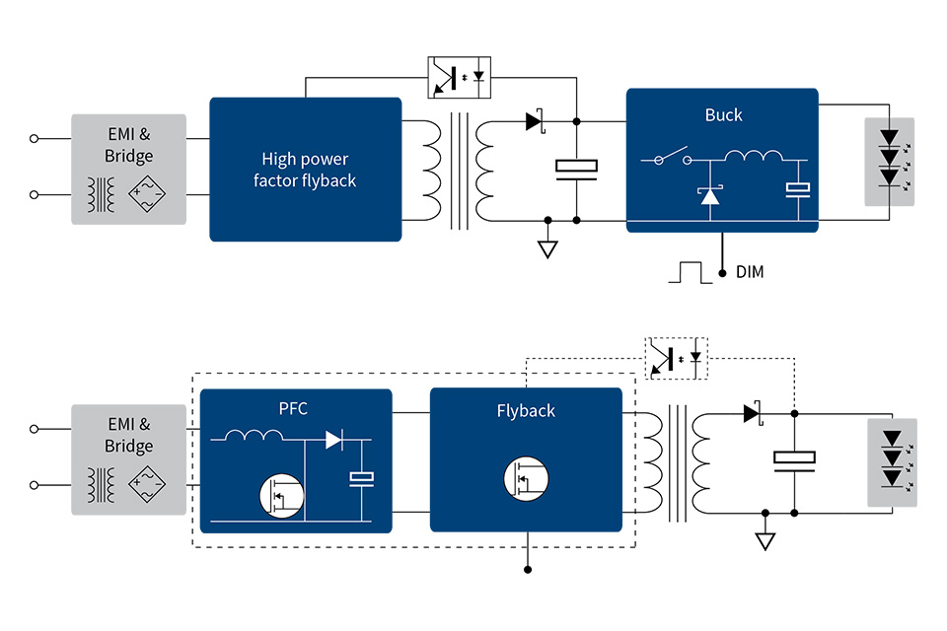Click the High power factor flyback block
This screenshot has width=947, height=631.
click(x=305, y=170)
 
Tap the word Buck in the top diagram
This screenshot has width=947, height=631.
click(x=723, y=114)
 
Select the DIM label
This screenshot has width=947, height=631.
click(x=750, y=272)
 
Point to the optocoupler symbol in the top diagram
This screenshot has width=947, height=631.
click(x=459, y=77)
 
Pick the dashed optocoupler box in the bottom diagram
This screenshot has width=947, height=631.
click(x=677, y=357)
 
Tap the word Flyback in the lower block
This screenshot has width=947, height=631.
click(x=526, y=410)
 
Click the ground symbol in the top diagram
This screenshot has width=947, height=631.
click(x=546, y=248)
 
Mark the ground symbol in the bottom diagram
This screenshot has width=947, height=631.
click(x=765, y=540)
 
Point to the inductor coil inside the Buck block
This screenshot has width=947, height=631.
click(x=755, y=156)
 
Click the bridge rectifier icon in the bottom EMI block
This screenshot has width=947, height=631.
click(x=151, y=484)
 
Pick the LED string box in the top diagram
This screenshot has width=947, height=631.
click(x=889, y=162)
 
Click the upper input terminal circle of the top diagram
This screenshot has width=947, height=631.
click(x=35, y=139)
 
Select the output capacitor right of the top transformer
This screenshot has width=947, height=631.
click(x=576, y=169)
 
